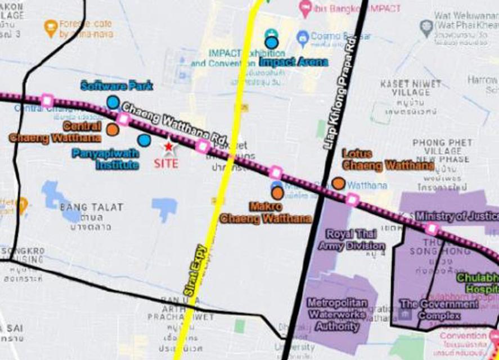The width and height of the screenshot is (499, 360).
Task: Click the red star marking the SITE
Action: tap(168, 146)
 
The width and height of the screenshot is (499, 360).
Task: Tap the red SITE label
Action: tap(166, 164)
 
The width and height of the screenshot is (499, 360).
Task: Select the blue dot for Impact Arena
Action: tap(272, 42)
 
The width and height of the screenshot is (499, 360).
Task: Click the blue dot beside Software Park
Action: tap(113, 102)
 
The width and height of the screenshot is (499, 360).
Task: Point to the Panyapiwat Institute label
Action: tap(105, 159)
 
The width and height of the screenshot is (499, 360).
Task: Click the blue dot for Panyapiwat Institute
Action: tap(145, 140)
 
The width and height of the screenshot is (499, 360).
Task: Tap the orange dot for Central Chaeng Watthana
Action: tap(113, 129)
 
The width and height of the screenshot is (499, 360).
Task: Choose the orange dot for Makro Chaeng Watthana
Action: tap(277, 193)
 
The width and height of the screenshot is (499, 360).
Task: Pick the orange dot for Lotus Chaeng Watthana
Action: tap(338, 183)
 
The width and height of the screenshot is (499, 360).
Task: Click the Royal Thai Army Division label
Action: tap(352, 241)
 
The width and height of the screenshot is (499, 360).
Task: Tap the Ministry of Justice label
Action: tap(456, 216)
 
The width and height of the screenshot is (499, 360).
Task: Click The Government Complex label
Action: tap(439, 310)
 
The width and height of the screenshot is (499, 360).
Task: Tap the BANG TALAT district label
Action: tap(91, 207)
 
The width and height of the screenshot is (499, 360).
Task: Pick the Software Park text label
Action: tap(116, 86)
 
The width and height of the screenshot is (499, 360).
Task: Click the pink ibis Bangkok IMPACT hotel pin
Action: tap(305, 8)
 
